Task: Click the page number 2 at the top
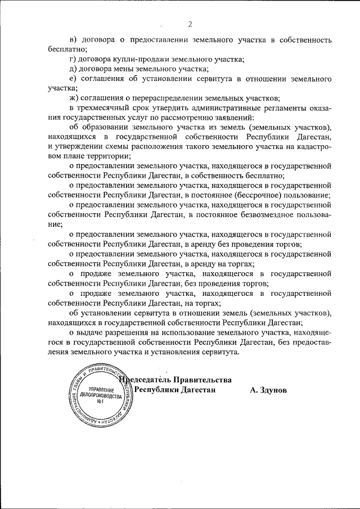coord(190,24)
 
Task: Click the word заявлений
coord(236,118)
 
